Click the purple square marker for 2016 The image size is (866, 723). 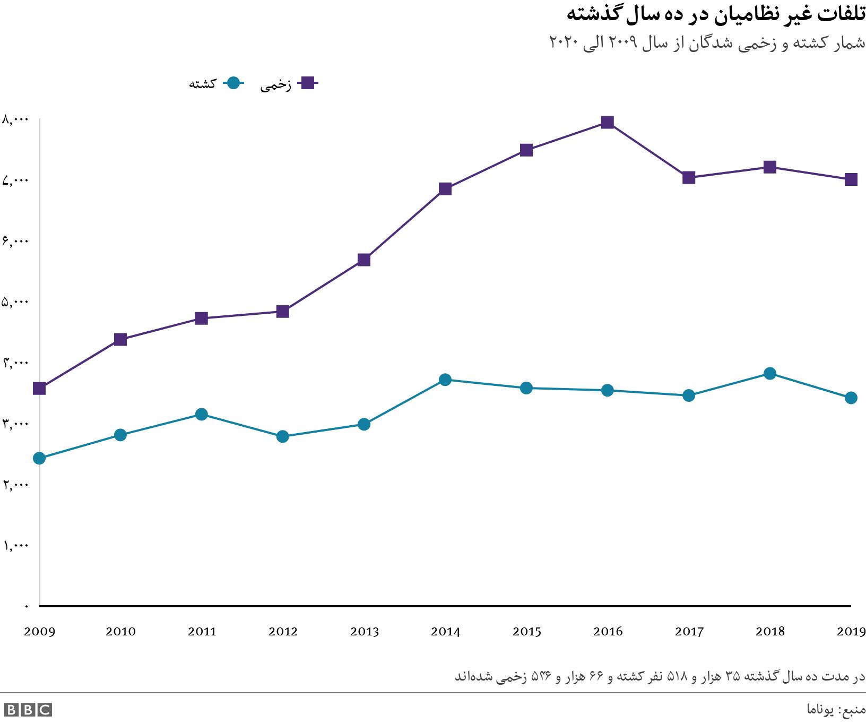click(x=608, y=123)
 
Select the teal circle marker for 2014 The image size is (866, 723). click(x=445, y=380)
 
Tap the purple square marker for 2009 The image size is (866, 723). click(x=39, y=389)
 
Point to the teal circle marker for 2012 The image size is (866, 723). click(x=283, y=436)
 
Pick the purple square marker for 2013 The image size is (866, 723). click(x=364, y=260)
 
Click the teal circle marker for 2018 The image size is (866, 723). click(x=770, y=373)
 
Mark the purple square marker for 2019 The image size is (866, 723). click(x=851, y=179)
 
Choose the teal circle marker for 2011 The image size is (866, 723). click(x=201, y=414)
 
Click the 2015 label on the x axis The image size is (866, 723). click(x=526, y=632)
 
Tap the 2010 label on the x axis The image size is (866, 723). click(x=120, y=632)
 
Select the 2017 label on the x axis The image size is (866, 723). click(x=689, y=632)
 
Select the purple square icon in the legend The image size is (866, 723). click(x=307, y=83)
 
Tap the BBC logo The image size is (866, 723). click(x=28, y=710)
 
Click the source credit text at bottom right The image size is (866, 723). click(x=836, y=709)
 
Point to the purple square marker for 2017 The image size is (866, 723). click(x=689, y=177)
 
